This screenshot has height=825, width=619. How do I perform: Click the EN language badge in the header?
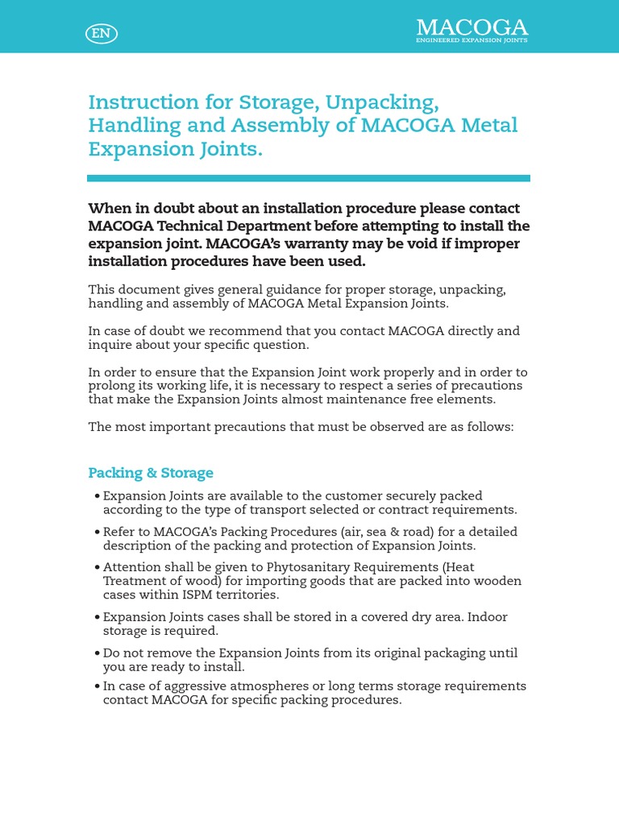coord(101,33)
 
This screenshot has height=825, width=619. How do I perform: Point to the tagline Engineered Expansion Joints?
coord(472,40)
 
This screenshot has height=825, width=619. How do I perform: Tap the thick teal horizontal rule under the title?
coord(309,178)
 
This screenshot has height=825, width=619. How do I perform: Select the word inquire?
coord(112,345)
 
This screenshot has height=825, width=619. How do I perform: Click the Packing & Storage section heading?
coord(151,473)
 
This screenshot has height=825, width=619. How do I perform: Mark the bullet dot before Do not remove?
coord(98,653)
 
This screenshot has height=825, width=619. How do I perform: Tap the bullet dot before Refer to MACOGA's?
coord(98,532)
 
